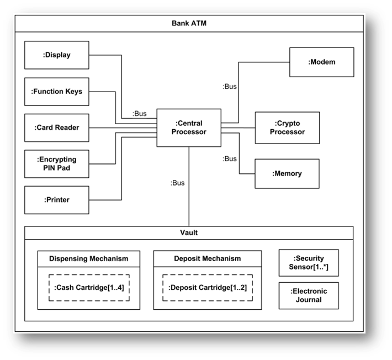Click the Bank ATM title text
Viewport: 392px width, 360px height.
pos(189,24)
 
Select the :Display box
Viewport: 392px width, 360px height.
pos(57,55)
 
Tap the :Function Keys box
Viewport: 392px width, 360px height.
pos(57,91)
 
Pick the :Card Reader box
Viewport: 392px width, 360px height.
pos(57,128)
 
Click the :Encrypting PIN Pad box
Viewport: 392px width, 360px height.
pos(57,163)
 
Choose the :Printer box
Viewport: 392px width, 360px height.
pos(57,200)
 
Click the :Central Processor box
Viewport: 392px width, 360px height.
pos(189,128)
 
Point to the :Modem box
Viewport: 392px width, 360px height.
pos(321,62)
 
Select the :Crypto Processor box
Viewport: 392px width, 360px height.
pos(287,128)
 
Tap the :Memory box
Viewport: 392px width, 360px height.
pos(287,173)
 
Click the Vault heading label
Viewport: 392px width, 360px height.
pos(189,232)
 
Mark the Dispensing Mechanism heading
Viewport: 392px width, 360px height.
pos(88,258)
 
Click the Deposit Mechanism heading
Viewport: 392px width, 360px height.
pos(207,258)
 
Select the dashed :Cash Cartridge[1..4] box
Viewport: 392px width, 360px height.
pos(88,288)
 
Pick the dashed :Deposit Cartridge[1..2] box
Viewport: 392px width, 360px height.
pos(207,288)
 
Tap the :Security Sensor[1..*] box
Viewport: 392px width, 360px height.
pos(309,263)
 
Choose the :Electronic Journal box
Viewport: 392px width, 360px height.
pos(309,295)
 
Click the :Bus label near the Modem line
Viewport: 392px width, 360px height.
pos(230,87)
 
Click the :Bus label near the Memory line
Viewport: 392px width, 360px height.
pos(230,159)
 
